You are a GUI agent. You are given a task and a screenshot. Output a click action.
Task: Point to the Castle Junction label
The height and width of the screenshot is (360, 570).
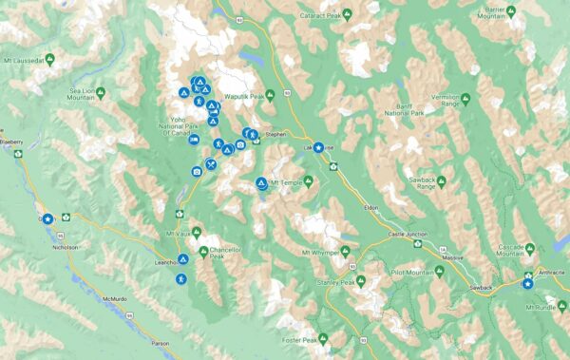[x=409, y=234]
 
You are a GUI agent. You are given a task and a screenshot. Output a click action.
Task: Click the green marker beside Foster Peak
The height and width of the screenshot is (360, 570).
[x=324, y=338]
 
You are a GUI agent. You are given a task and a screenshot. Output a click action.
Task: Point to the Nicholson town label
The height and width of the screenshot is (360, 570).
[x=65, y=245]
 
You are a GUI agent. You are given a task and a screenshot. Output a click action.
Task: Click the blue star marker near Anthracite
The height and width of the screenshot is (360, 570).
[x=528, y=282]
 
